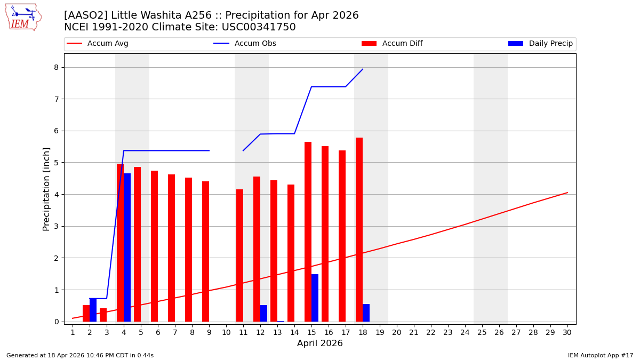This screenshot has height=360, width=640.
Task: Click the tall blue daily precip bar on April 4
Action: click(127, 247)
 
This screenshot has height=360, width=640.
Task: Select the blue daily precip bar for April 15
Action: click(315, 298)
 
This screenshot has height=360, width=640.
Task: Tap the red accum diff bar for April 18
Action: click(359, 229)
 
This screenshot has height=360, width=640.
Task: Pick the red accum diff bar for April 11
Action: click(239, 255)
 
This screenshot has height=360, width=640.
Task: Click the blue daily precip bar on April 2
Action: click(93, 310)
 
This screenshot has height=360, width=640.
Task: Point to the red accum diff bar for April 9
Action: click(205, 251)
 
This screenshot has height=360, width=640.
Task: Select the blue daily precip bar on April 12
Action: click(263, 313)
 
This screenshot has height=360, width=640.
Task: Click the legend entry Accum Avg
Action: click(107, 44)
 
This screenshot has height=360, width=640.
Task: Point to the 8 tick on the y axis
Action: click(55, 67)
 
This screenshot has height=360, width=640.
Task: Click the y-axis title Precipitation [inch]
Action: click(46, 189)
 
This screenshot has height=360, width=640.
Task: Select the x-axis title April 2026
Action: click(319, 343)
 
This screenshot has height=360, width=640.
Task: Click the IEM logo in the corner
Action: click(23, 17)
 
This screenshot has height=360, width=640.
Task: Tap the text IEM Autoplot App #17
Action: click(600, 355)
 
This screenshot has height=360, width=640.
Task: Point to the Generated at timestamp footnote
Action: click(80, 355)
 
